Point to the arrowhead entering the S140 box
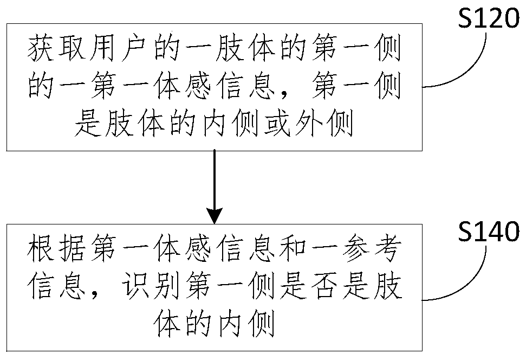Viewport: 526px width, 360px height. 215,216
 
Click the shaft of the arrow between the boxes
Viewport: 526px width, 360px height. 215,179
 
